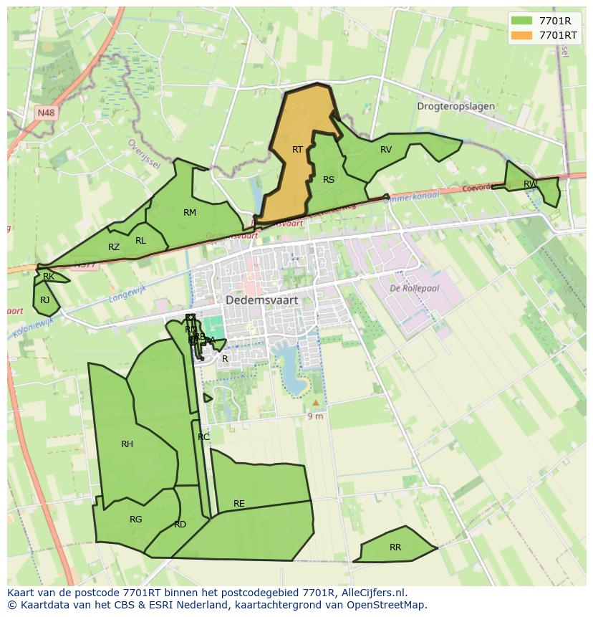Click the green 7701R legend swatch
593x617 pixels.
point(522,21)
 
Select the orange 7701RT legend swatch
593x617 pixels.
point(522,34)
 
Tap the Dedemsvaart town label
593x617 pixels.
point(261,300)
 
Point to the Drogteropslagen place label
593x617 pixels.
point(455,106)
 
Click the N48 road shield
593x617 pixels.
point(46,113)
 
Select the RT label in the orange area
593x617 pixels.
point(297,149)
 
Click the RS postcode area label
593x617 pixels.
point(329,180)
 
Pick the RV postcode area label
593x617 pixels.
point(386,149)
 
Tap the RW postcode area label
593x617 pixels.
point(530,184)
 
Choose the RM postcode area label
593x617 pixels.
point(190,212)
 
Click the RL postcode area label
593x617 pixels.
point(140,241)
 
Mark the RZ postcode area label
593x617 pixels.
point(114,247)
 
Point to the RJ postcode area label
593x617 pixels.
point(45,300)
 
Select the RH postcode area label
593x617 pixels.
point(127,444)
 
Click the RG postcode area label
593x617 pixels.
point(135,520)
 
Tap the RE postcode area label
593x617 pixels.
point(239,504)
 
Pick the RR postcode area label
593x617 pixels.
point(395,547)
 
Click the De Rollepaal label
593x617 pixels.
point(414,288)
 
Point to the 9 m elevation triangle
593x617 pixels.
point(316,403)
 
